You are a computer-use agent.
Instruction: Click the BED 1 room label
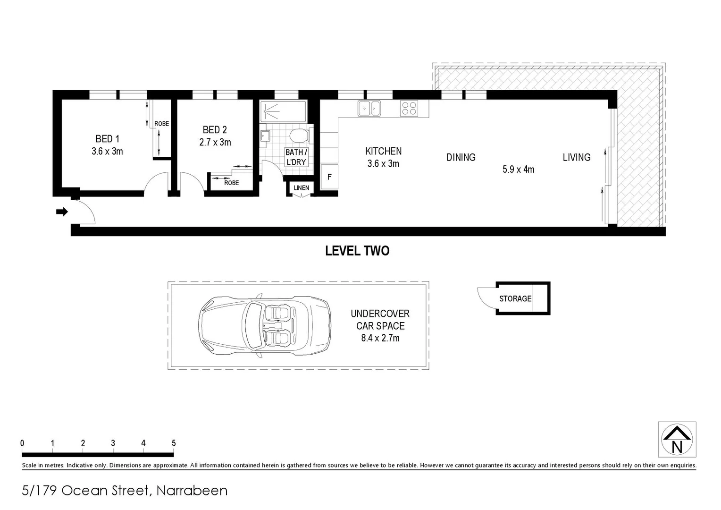point(107,139)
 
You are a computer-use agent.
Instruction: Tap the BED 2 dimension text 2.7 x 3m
point(215,142)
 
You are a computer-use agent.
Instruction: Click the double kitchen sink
point(369,108)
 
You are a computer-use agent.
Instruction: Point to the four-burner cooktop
point(409,109)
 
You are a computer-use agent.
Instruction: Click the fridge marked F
point(329,177)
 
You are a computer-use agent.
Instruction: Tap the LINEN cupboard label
point(301,188)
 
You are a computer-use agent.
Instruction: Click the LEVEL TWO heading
point(357,251)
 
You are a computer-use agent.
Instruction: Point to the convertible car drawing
point(264,325)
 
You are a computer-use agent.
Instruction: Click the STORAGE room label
point(515,298)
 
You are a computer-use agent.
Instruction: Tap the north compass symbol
point(677,440)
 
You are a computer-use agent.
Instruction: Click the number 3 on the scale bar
point(113,443)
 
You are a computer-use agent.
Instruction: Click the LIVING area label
point(576,157)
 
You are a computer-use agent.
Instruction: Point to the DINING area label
point(461,157)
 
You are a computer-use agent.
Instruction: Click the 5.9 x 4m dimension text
point(518,169)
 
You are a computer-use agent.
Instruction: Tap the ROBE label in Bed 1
point(161,124)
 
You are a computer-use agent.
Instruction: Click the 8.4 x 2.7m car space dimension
point(380,338)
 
